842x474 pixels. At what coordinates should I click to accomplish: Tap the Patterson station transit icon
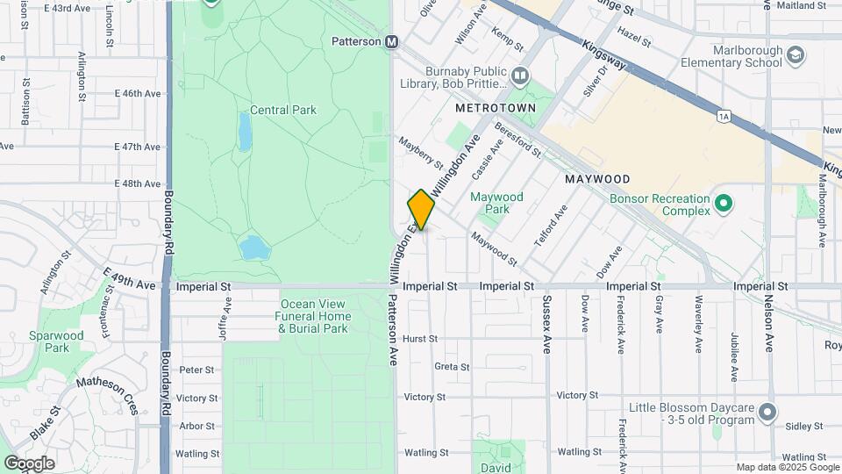pyautogui.click(x=391, y=41)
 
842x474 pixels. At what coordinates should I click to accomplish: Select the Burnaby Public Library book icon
pyautogui.click(x=520, y=76)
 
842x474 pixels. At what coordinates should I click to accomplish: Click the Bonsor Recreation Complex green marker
pyautogui.click(x=724, y=205)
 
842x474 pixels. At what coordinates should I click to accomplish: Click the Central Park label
pyautogui.click(x=282, y=110)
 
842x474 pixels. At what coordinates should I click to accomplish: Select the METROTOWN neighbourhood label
pyautogui.click(x=496, y=107)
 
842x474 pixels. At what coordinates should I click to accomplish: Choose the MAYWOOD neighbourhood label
pyautogui.click(x=597, y=178)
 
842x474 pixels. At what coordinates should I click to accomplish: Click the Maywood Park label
pyautogui.click(x=496, y=203)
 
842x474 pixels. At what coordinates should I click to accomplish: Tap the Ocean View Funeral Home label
pyautogui.click(x=315, y=316)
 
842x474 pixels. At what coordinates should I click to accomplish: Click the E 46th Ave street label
pyautogui.click(x=139, y=93)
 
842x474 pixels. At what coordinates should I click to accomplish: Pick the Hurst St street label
pyautogui.click(x=420, y=338)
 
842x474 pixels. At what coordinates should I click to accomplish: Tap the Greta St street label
pyautogui.click(x=453, y=366)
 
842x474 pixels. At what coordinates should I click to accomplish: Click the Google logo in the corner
pyautogui.click(x=29, y=463)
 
